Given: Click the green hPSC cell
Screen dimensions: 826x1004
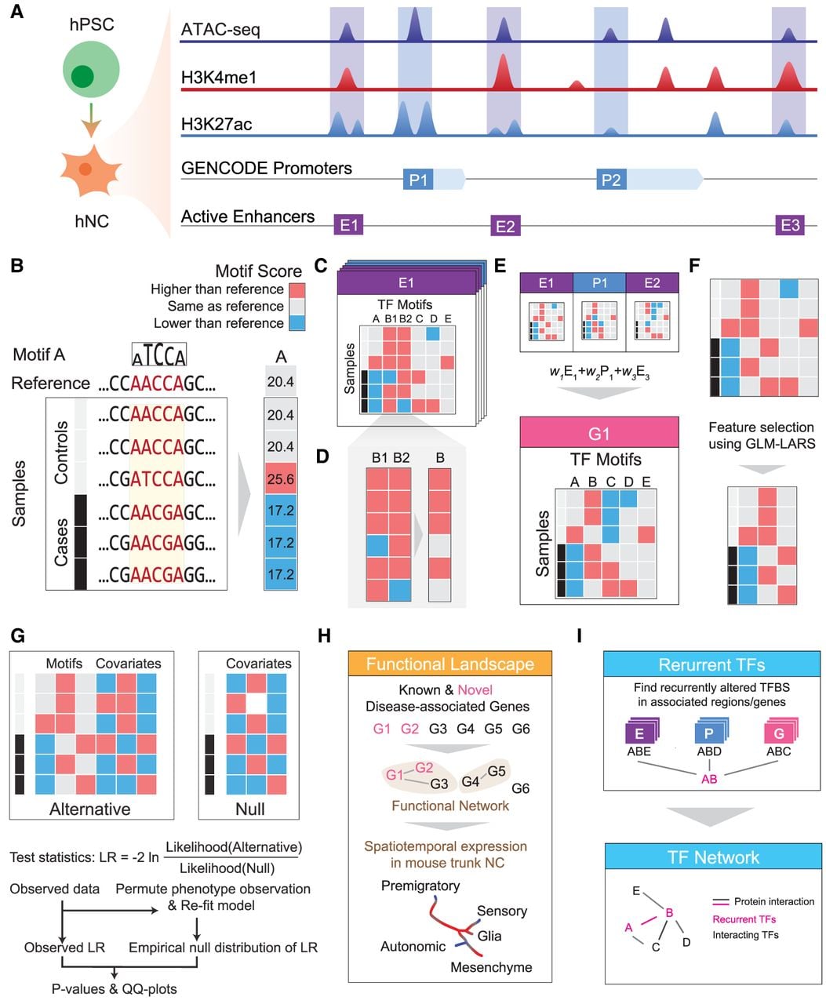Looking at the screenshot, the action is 91,69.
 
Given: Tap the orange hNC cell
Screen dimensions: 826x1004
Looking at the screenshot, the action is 90,170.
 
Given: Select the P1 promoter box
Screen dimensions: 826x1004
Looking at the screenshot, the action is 418,180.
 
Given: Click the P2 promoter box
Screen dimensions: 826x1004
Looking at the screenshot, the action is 611,180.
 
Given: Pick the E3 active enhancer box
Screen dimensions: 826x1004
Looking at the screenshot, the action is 790,224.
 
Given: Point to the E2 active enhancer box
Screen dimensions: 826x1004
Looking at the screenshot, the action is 505,226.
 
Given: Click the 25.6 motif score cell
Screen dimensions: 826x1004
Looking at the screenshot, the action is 280,478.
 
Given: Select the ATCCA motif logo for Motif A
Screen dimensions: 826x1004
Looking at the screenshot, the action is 159,355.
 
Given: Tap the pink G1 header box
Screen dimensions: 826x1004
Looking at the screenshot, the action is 599,432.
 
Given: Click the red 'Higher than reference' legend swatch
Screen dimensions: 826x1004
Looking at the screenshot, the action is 297,290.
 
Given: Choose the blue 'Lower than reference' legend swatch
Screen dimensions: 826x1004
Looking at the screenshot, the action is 297,322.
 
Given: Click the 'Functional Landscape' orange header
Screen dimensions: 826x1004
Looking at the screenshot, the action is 450,664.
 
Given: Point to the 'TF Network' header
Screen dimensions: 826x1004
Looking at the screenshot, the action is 713,857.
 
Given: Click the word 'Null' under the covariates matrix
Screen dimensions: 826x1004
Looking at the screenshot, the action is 250,809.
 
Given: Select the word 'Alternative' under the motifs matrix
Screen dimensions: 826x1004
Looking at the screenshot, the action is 90,809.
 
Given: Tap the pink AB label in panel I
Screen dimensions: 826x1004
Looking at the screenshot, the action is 709,779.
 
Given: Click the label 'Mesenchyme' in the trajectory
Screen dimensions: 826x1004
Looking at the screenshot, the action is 491,967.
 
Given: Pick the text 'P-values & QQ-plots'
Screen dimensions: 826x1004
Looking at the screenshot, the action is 115,989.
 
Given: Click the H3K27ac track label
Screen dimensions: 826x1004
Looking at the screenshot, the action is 217,124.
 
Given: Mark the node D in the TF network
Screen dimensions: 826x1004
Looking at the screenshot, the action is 686,942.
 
